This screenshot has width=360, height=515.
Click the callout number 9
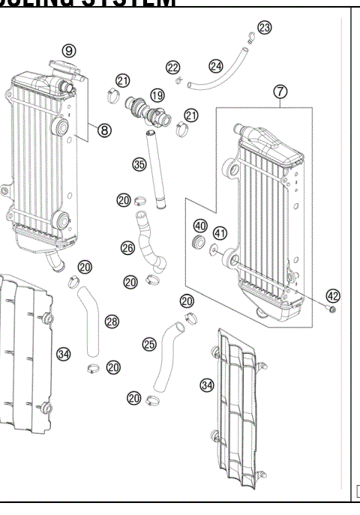[69, 51]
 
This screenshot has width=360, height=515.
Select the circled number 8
[104, 130]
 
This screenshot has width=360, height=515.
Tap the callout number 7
[280, 91]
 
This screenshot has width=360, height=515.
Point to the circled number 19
[157, 95]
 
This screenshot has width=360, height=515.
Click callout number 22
[173, 68]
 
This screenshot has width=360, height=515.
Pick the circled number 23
[264, 28]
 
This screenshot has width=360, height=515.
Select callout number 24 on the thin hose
[216, 66]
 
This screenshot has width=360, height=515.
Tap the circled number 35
[139, 164]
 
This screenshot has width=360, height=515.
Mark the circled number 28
[112, 322]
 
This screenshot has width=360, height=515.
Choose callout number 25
[149, 344]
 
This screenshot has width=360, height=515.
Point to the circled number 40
[200, 226]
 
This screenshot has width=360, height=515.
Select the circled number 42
[332, 295]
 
